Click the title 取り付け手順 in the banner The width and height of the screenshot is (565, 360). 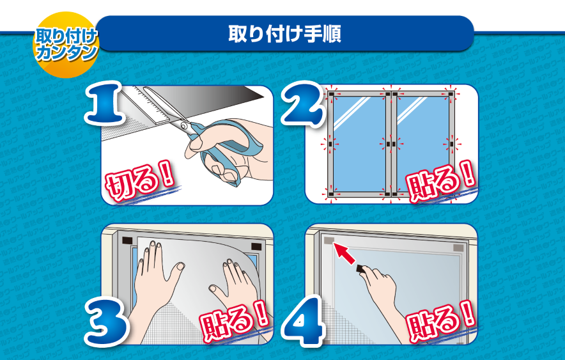click(284, 34)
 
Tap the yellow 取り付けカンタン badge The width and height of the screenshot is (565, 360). click(66, 45)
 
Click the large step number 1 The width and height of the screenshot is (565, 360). click(104, 103)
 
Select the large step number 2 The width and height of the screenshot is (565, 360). click(302, 104)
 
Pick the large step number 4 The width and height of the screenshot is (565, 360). click(304, 322)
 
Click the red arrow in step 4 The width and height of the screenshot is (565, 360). click(343, 253)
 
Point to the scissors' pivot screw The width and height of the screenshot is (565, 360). click(184, 126)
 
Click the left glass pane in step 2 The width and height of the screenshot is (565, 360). click(359, 144)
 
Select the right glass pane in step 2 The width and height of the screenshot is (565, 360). click(423, 144)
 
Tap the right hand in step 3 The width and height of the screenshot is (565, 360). click(236, 285)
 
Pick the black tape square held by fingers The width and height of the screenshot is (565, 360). click(360, 269)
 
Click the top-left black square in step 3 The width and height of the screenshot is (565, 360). click(128, 240)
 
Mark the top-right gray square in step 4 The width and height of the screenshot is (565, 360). click(458, 248)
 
